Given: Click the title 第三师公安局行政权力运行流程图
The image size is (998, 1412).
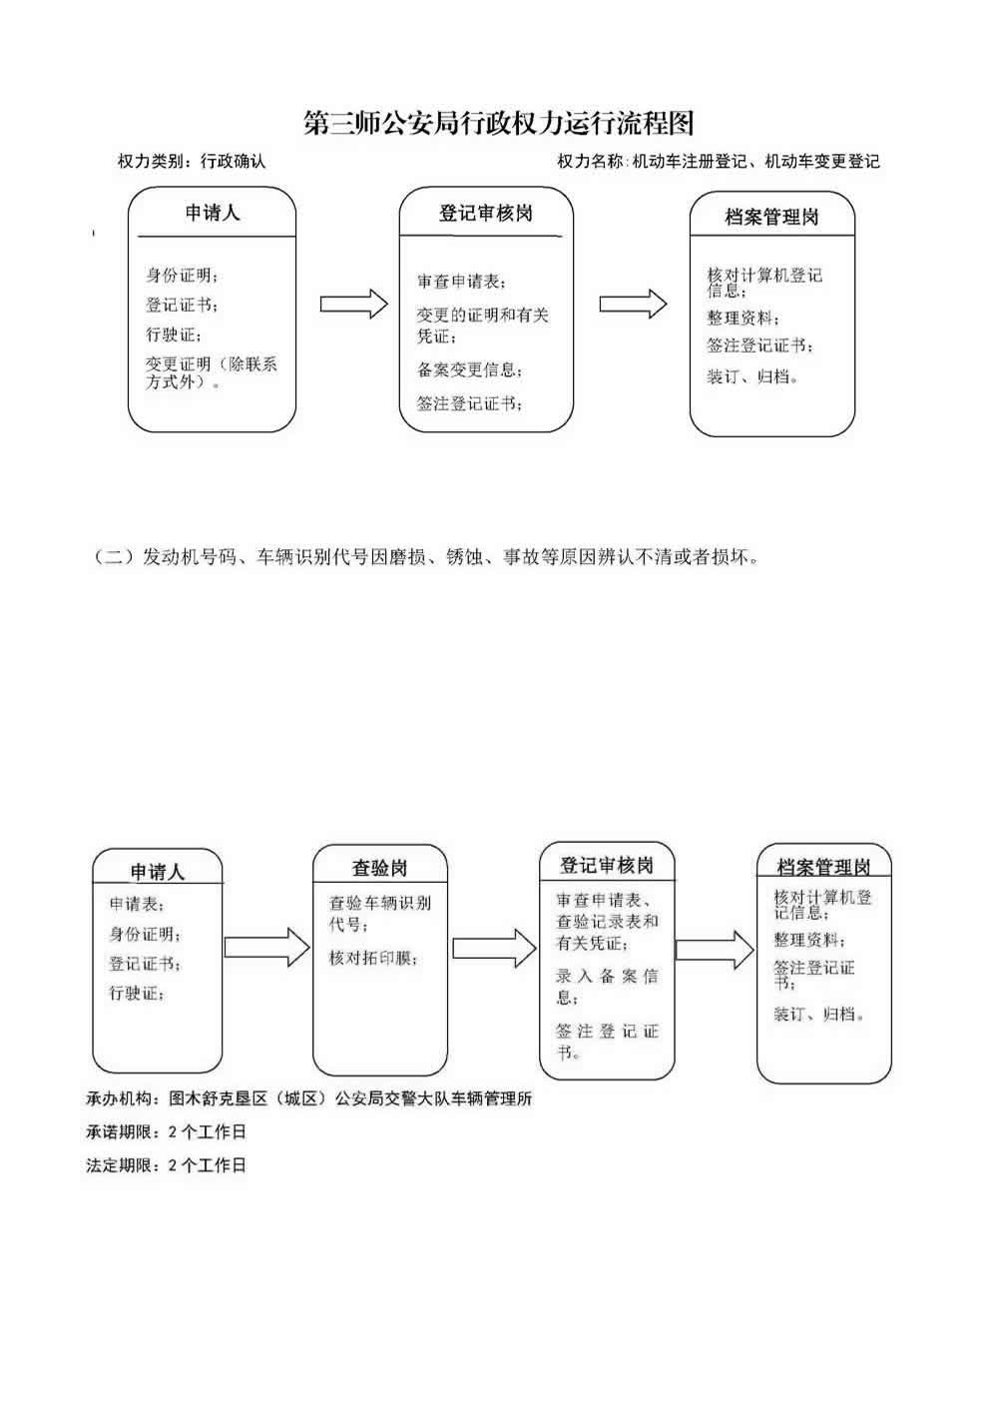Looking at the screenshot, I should (498, 123).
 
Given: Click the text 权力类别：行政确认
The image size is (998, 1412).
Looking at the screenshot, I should (192, 161).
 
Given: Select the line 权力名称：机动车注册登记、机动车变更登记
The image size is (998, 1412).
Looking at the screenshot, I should (719, 161).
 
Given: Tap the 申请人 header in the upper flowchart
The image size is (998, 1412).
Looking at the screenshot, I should (213, 213).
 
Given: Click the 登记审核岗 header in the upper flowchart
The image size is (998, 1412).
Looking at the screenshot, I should (486, 214).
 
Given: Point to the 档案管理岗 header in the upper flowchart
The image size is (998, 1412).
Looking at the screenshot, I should (771, 217).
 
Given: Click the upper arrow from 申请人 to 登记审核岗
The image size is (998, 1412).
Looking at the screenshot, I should (353, 305).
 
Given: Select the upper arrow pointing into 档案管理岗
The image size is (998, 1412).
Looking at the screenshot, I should (633, 305).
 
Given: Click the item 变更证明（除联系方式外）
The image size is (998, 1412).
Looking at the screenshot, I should (211, 372).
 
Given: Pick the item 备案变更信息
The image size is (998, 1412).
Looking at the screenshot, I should (469, 370).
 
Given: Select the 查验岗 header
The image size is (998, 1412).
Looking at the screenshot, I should (379, 868).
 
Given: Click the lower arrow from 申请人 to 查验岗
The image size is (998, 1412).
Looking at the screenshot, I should (267, 946).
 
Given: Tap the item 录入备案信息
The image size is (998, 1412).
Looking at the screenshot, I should (607, 986).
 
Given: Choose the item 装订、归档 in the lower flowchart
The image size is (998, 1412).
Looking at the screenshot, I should (818, 1015).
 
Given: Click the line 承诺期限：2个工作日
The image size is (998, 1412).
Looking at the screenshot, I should (166, 1132).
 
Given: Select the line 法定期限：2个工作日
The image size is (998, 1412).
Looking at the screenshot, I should (166, 1165).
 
